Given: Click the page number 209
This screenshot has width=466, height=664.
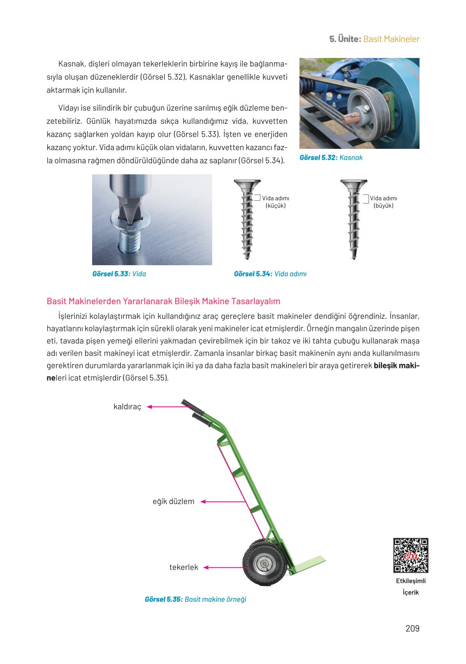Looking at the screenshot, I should (x=412, y=628).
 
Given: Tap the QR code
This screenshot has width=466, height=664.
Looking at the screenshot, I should (x=410, y=555).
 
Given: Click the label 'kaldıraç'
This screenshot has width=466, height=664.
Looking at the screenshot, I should (x=127, y=407).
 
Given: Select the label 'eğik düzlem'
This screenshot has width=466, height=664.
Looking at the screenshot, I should (x=173, y=502).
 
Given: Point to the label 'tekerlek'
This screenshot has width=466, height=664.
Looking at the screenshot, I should (x=183, y=567).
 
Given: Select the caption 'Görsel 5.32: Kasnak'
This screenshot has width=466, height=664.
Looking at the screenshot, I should (x=331, y=157).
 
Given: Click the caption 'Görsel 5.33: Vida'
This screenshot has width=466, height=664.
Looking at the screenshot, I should (x=119, y=274).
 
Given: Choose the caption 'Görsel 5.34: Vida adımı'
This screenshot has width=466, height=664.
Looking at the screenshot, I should (x=270, y=274).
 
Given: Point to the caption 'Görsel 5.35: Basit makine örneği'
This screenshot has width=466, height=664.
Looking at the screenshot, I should (x=195, y=599).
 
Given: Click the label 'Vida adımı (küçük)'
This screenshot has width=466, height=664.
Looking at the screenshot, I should (x=276, y=202).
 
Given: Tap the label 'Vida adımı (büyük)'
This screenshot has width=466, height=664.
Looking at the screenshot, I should (x=383, y=202).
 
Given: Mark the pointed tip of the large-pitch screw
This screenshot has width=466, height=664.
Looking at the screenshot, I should (x=354, y=257).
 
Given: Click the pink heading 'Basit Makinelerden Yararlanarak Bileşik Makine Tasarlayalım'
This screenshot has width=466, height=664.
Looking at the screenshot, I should (x=163, y=301).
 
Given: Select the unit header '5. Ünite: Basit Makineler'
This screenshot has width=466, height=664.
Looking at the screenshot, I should (x=374, y=39).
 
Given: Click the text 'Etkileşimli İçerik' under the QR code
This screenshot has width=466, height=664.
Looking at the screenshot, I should (x=410, y=587).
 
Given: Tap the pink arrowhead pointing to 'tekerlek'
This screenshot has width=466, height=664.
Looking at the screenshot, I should (x=206, y=567).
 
